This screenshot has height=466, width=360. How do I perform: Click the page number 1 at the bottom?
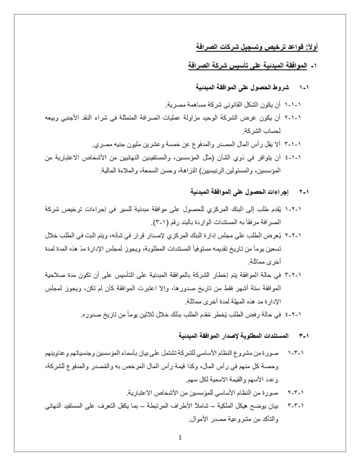click(x=180, y=438)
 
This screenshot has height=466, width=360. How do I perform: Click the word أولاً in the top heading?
click(x=311, y=46)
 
